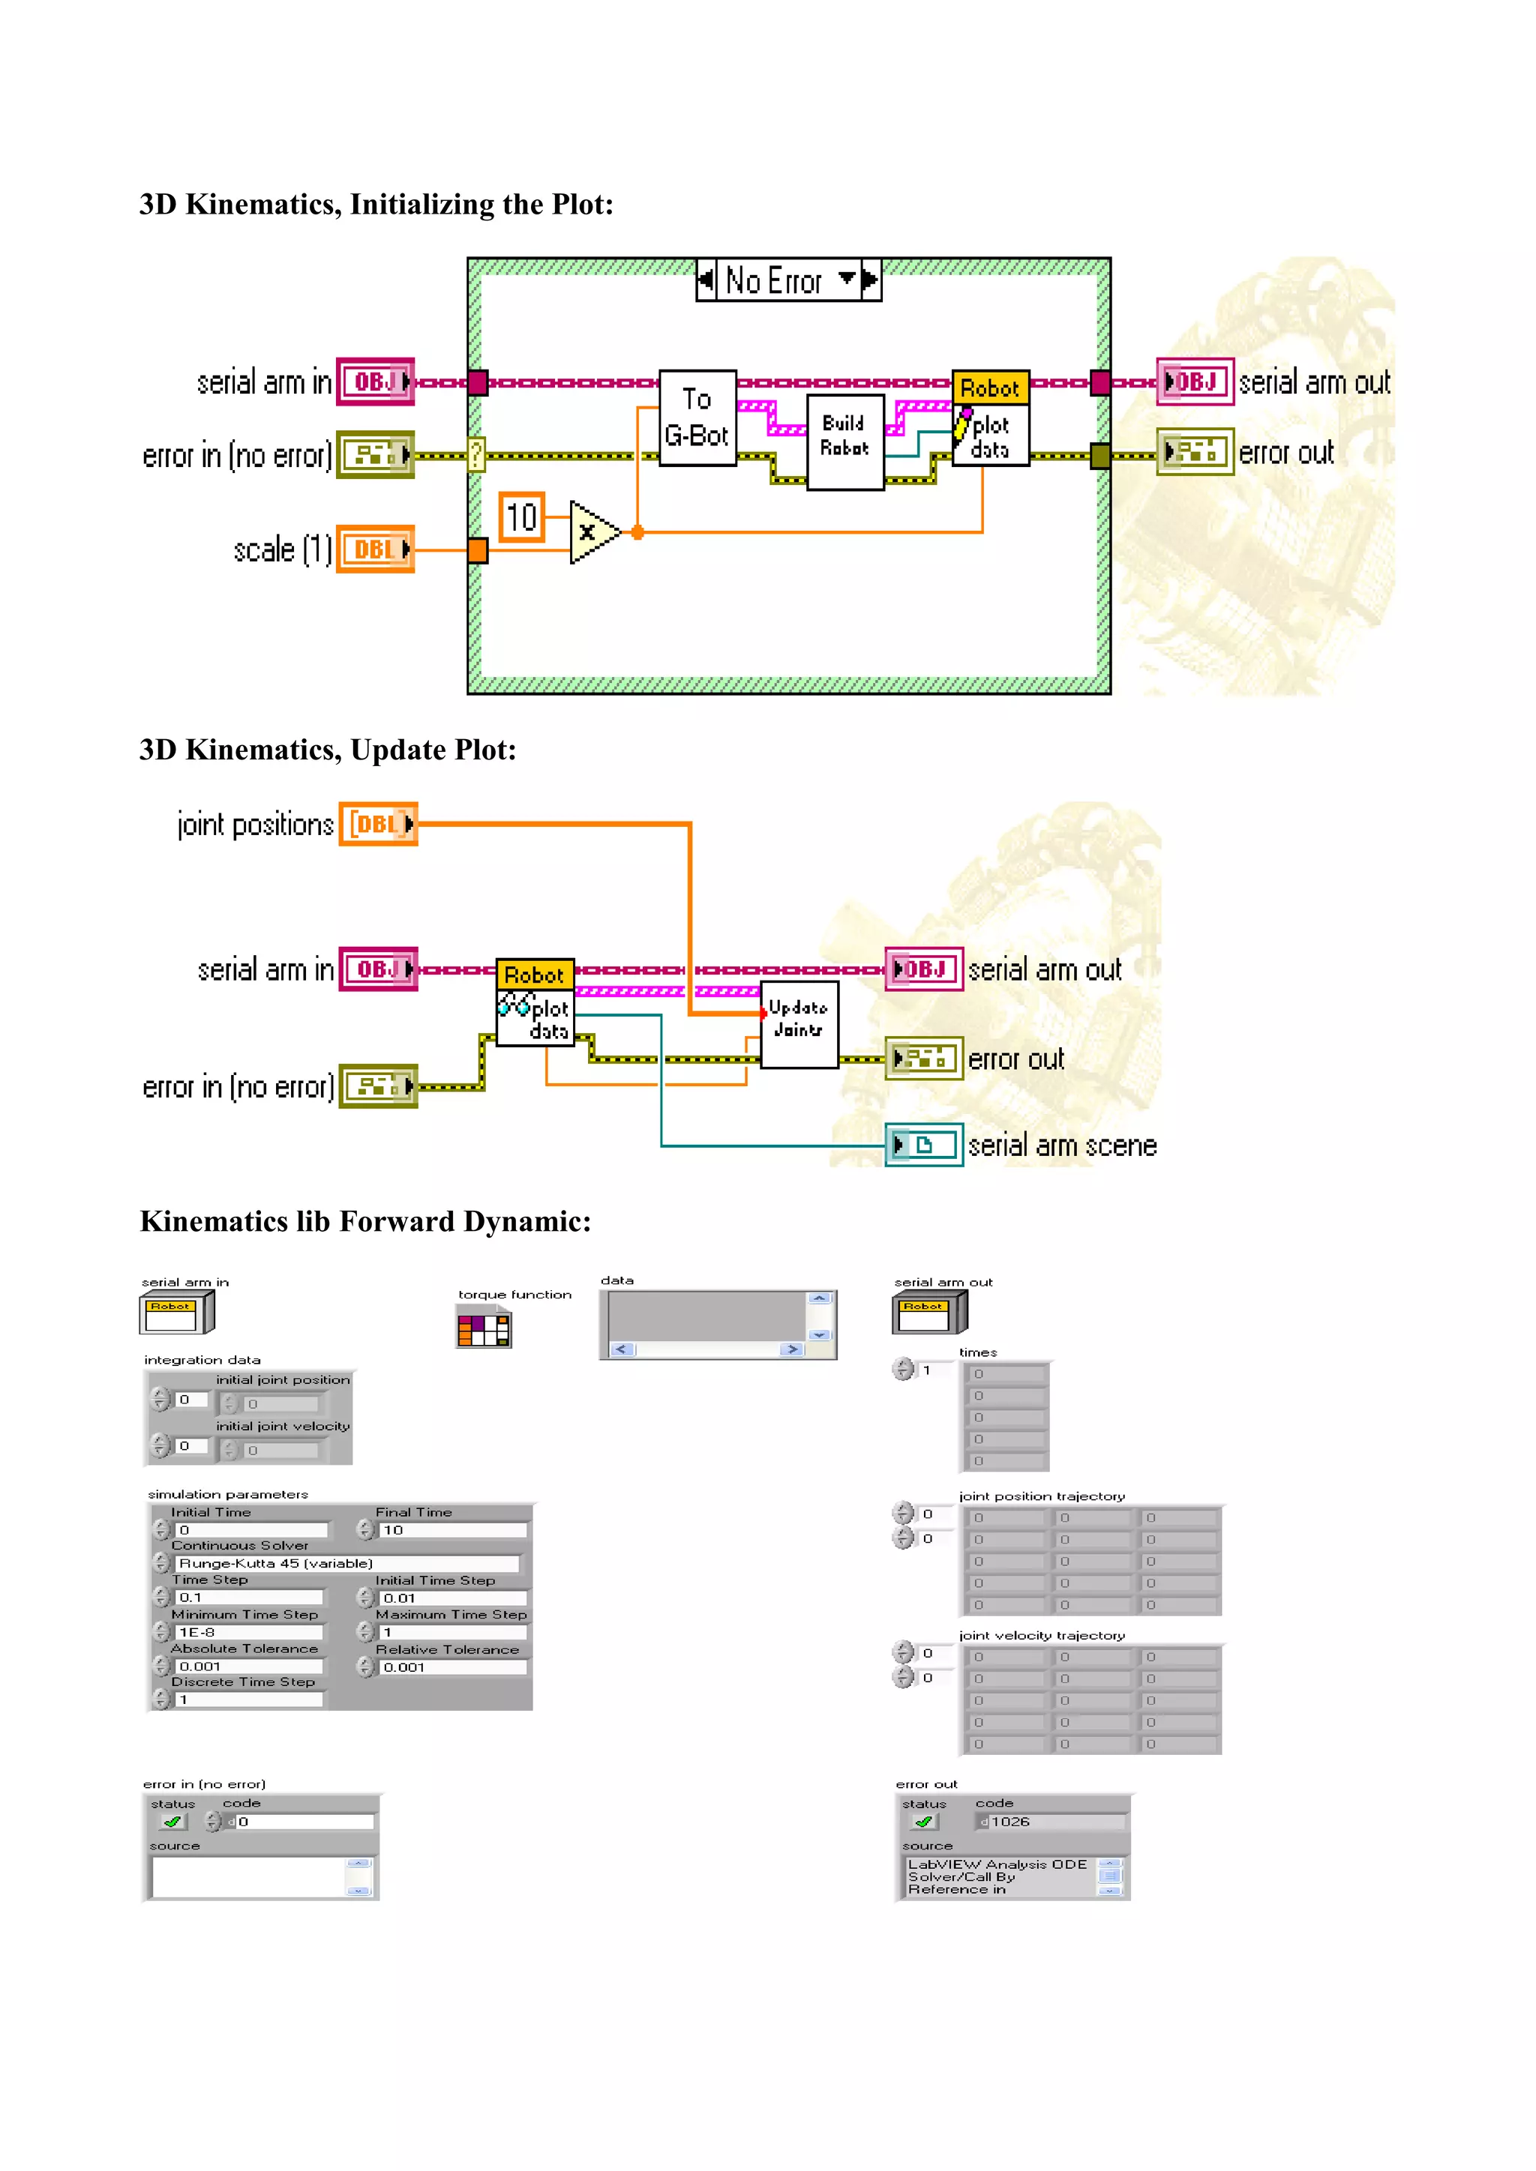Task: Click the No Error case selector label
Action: pos(774,281)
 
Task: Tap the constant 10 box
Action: pos(521,517)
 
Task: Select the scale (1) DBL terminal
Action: pos(376,549)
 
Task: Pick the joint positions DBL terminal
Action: pos(378,824)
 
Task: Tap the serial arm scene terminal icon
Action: pos(923,1145)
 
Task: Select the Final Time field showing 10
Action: pos(451,1530)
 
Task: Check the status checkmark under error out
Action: pos(924,1821)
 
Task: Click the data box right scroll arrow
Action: pos(793,1349)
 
